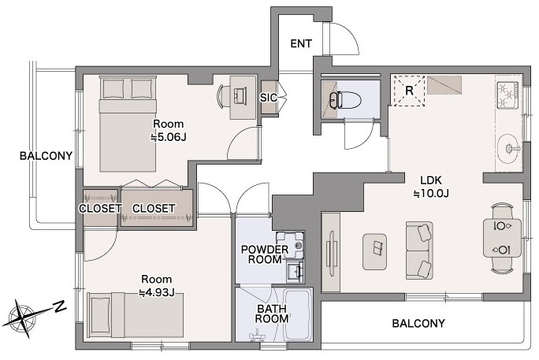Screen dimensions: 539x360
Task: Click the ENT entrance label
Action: (301, 43)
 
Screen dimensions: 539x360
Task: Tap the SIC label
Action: (268, 98)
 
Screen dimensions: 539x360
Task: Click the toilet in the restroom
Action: (345, 100)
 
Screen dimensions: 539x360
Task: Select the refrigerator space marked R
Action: (409, 91)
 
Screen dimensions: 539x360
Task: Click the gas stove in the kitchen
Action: (507, 95)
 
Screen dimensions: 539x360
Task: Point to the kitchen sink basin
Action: (508, 148)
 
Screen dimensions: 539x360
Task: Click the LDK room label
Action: (431, 180)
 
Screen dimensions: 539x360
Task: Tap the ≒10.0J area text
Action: (431, 194)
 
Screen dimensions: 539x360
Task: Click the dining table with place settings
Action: (502, 238)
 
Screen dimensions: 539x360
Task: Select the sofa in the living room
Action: (419, 250)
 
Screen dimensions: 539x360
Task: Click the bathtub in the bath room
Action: (298, 314)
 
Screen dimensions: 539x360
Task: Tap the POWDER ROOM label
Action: (265, 254)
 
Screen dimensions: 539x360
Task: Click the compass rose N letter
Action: (61, 306)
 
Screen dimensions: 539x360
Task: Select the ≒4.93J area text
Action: (156, 293)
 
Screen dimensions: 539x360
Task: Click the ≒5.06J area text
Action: (168, 137)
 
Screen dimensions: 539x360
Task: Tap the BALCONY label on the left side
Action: (46, 156)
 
